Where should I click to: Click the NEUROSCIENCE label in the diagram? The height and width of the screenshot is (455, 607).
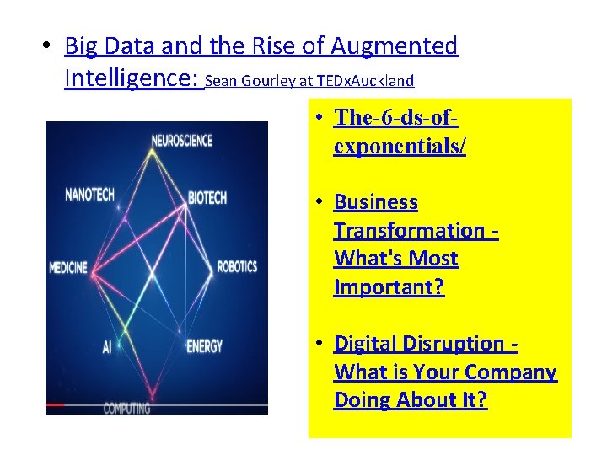pos(181,141)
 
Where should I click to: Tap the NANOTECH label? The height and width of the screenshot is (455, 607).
pos(90,195)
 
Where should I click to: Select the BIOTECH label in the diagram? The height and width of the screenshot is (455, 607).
pos(207,198)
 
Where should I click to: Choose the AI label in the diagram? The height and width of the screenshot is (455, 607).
pos(108,345)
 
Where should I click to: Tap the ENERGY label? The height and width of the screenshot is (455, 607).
pos(204,345)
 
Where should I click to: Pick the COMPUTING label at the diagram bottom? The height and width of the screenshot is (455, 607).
pos(126,409)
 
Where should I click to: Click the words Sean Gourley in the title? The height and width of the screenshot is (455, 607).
pos(239,82)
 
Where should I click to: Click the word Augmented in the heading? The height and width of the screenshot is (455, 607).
pos(395,45)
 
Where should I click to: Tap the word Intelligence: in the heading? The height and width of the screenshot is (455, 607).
pos(131,78)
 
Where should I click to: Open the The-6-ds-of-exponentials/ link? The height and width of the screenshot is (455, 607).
pos(400,131)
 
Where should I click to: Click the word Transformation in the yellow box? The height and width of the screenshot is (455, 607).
pos(409,230)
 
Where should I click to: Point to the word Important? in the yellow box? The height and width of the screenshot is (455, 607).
pos(389,287)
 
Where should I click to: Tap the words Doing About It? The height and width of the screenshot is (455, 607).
pos(410,400)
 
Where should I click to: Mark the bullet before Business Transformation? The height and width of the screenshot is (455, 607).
pos(322,203)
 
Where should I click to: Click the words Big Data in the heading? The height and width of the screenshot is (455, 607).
pos(106,45)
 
